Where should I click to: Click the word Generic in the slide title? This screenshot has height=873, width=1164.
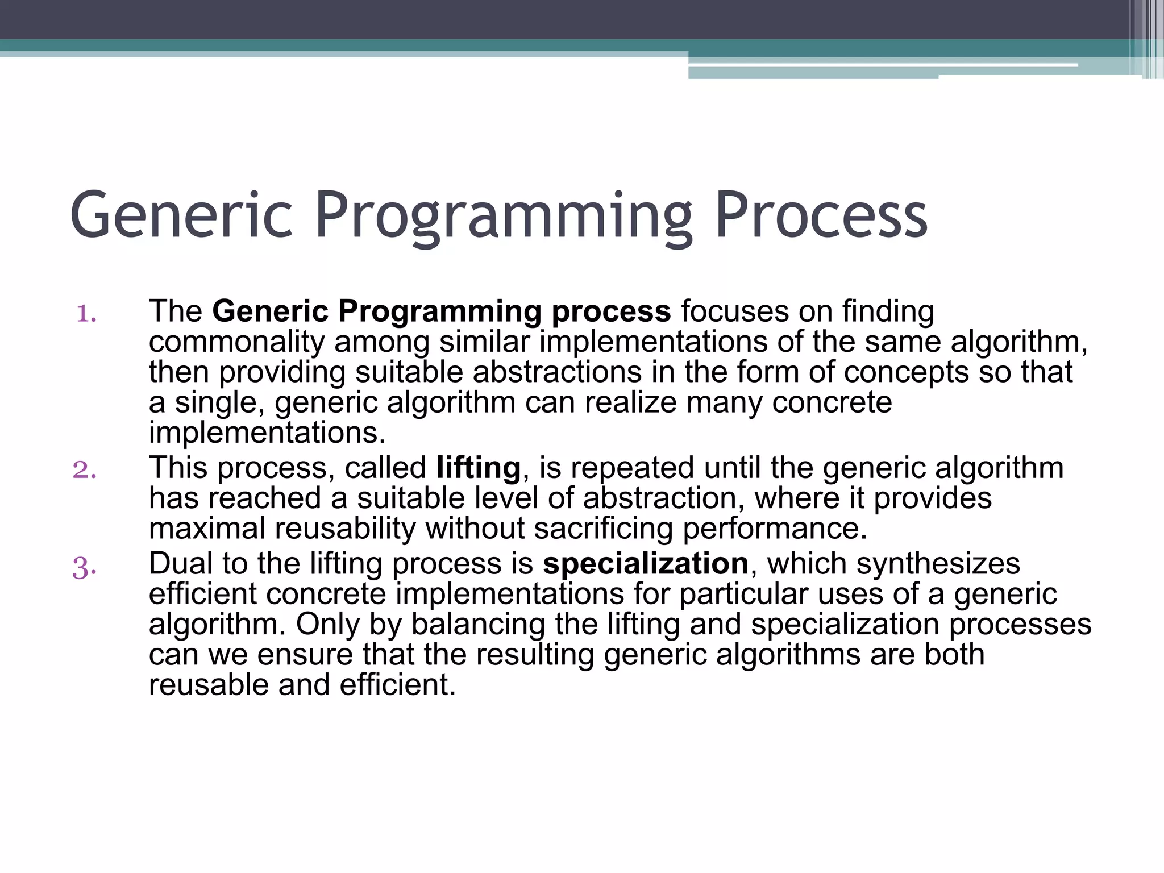pyautogui.click(x=181, y=216)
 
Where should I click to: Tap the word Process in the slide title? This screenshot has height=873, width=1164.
pyautogui.click(x=821, y=216)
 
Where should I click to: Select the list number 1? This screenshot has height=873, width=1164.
pyautogui.click(x=86, y=313)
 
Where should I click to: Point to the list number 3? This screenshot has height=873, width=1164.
pyautogui.click(x=84, y=567)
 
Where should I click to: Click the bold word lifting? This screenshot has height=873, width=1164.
pyautogui.click(x=478, y=468)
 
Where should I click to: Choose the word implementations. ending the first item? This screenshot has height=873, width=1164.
pyautogui.click(x=267, y=433)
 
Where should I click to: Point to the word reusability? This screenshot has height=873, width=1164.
pyautogui.click(x=346, y=528)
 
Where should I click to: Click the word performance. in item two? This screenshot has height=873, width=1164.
pyautogui.click(x=775, y=528)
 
